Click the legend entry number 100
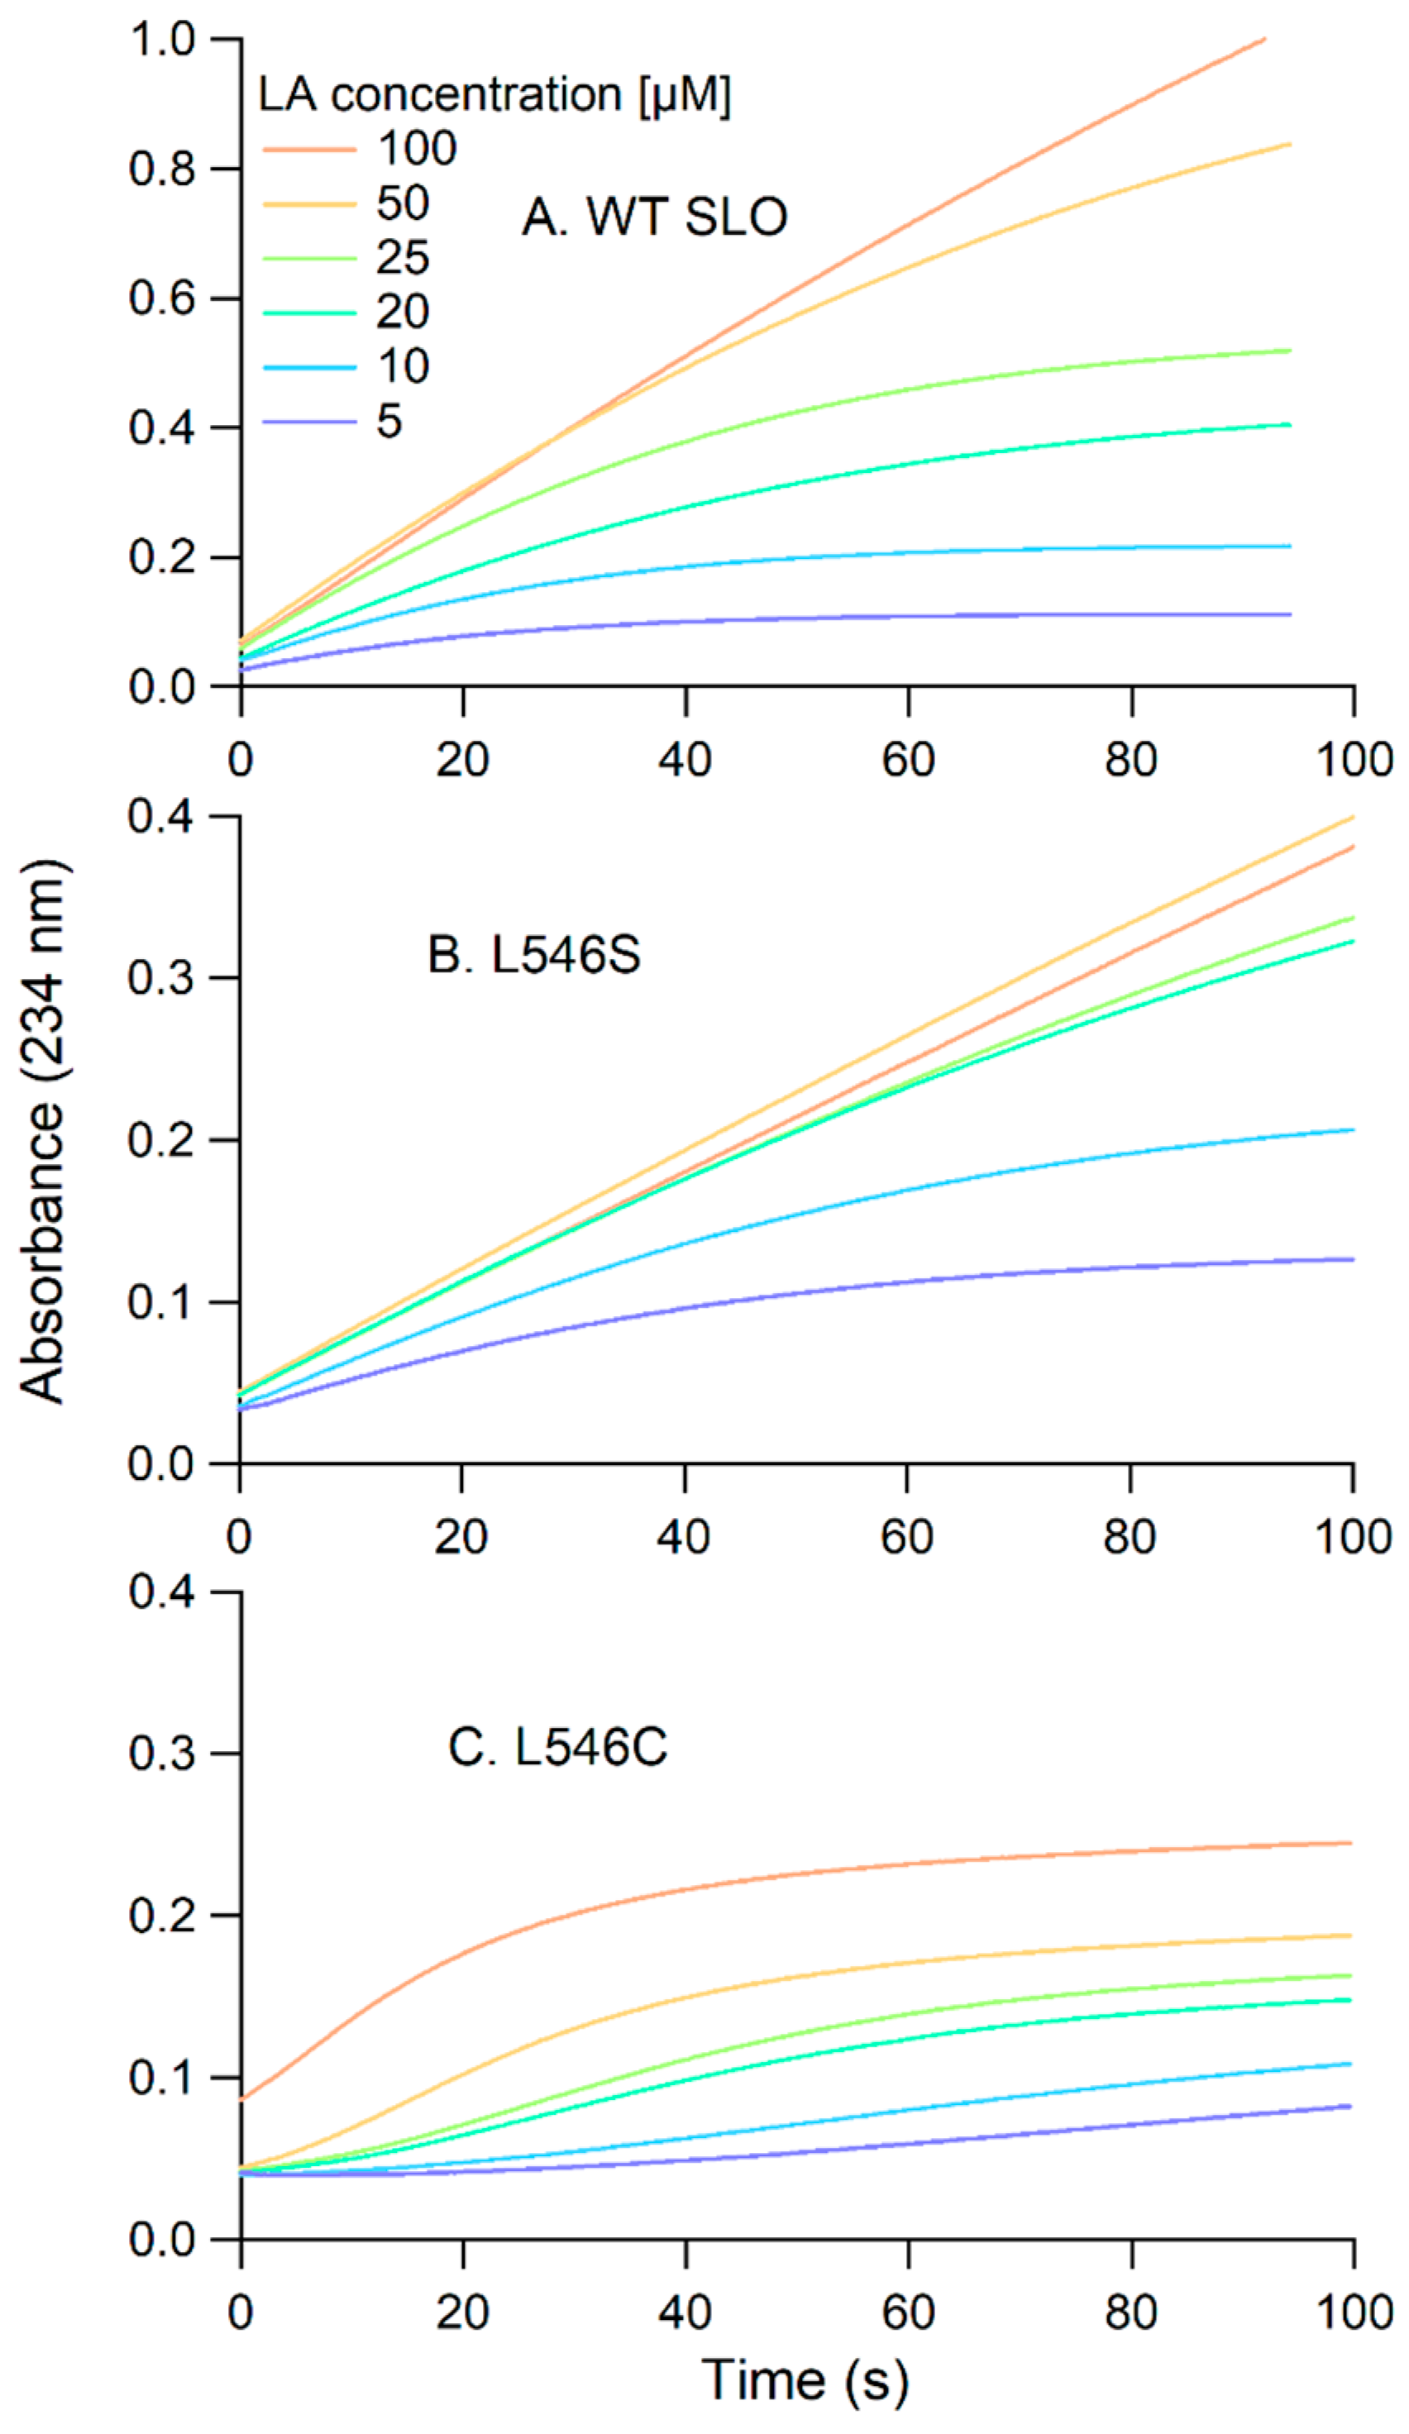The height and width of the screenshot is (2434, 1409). point(416,149)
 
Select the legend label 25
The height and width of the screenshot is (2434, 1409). point(402,258)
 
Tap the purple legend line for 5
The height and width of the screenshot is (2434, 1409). point(308,421)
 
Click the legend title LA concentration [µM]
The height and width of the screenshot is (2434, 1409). point(494,94)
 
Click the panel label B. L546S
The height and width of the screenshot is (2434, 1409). point(534,955)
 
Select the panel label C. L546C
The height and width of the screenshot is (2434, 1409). point(557,1747)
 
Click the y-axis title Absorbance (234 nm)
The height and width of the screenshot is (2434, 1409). point(44,1130)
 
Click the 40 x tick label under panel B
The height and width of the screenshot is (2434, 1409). point(684,1537)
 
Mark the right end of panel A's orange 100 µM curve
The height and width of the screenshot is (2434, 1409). point(1264,40)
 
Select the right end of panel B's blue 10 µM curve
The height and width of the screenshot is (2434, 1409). point(1352,1130)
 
